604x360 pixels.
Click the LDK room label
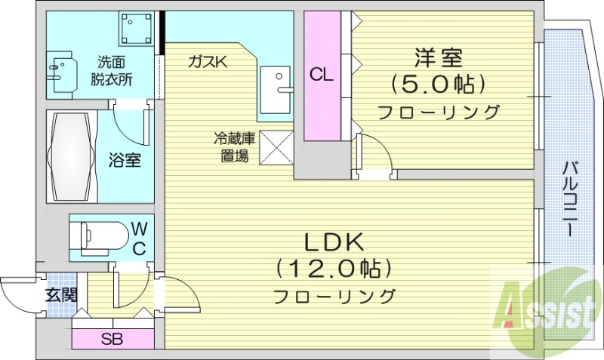[x=334, y=242]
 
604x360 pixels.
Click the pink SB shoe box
[x=113, y=339]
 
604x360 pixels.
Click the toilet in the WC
[x=103, y=235]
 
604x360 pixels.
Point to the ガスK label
[x=208, y=63]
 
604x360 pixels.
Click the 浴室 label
[x=125, y=161]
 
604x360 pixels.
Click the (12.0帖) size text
[x=334, y=268]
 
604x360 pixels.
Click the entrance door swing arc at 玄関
[x=17, y=291]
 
